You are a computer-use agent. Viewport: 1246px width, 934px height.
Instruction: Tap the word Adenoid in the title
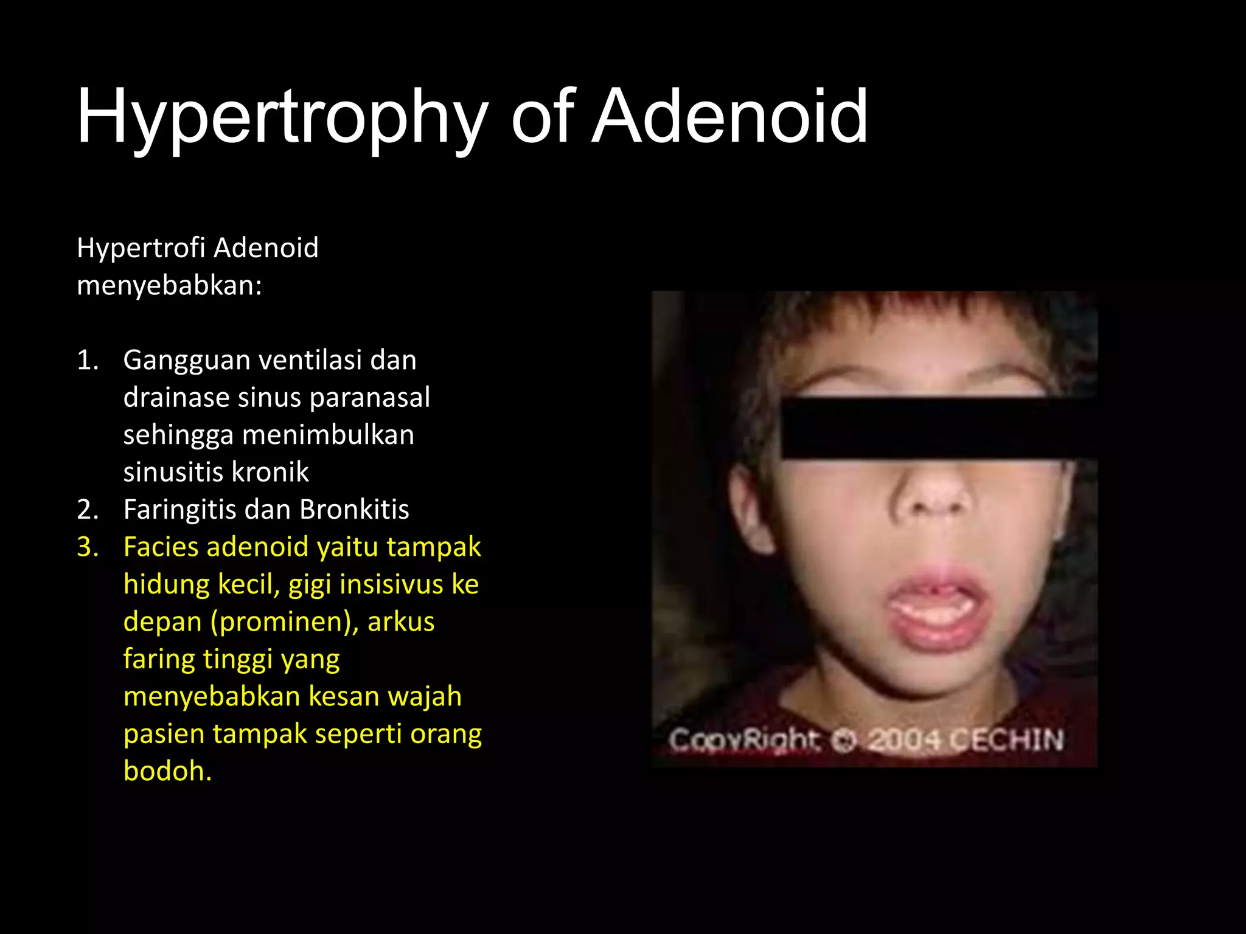(730, 117)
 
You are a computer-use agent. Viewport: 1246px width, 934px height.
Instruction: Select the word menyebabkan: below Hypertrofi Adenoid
(169, 285)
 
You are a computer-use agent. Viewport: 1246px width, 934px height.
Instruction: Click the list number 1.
(86, 360)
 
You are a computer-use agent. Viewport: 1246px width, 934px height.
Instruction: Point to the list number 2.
(87, 510)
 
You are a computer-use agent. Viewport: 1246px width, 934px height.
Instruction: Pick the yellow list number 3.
(87, 547)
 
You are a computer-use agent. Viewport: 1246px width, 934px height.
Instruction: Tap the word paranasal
(369, 398)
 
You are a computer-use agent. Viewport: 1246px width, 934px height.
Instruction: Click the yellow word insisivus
(391, 584)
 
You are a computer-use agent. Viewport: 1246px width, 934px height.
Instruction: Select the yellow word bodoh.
(167, 771)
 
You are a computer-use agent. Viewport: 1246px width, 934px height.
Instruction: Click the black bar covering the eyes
(937, 427)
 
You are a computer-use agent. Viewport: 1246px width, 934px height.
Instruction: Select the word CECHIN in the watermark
(1007, 740)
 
